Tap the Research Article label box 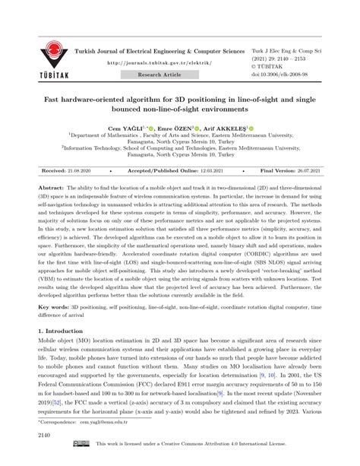point(160,75)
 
